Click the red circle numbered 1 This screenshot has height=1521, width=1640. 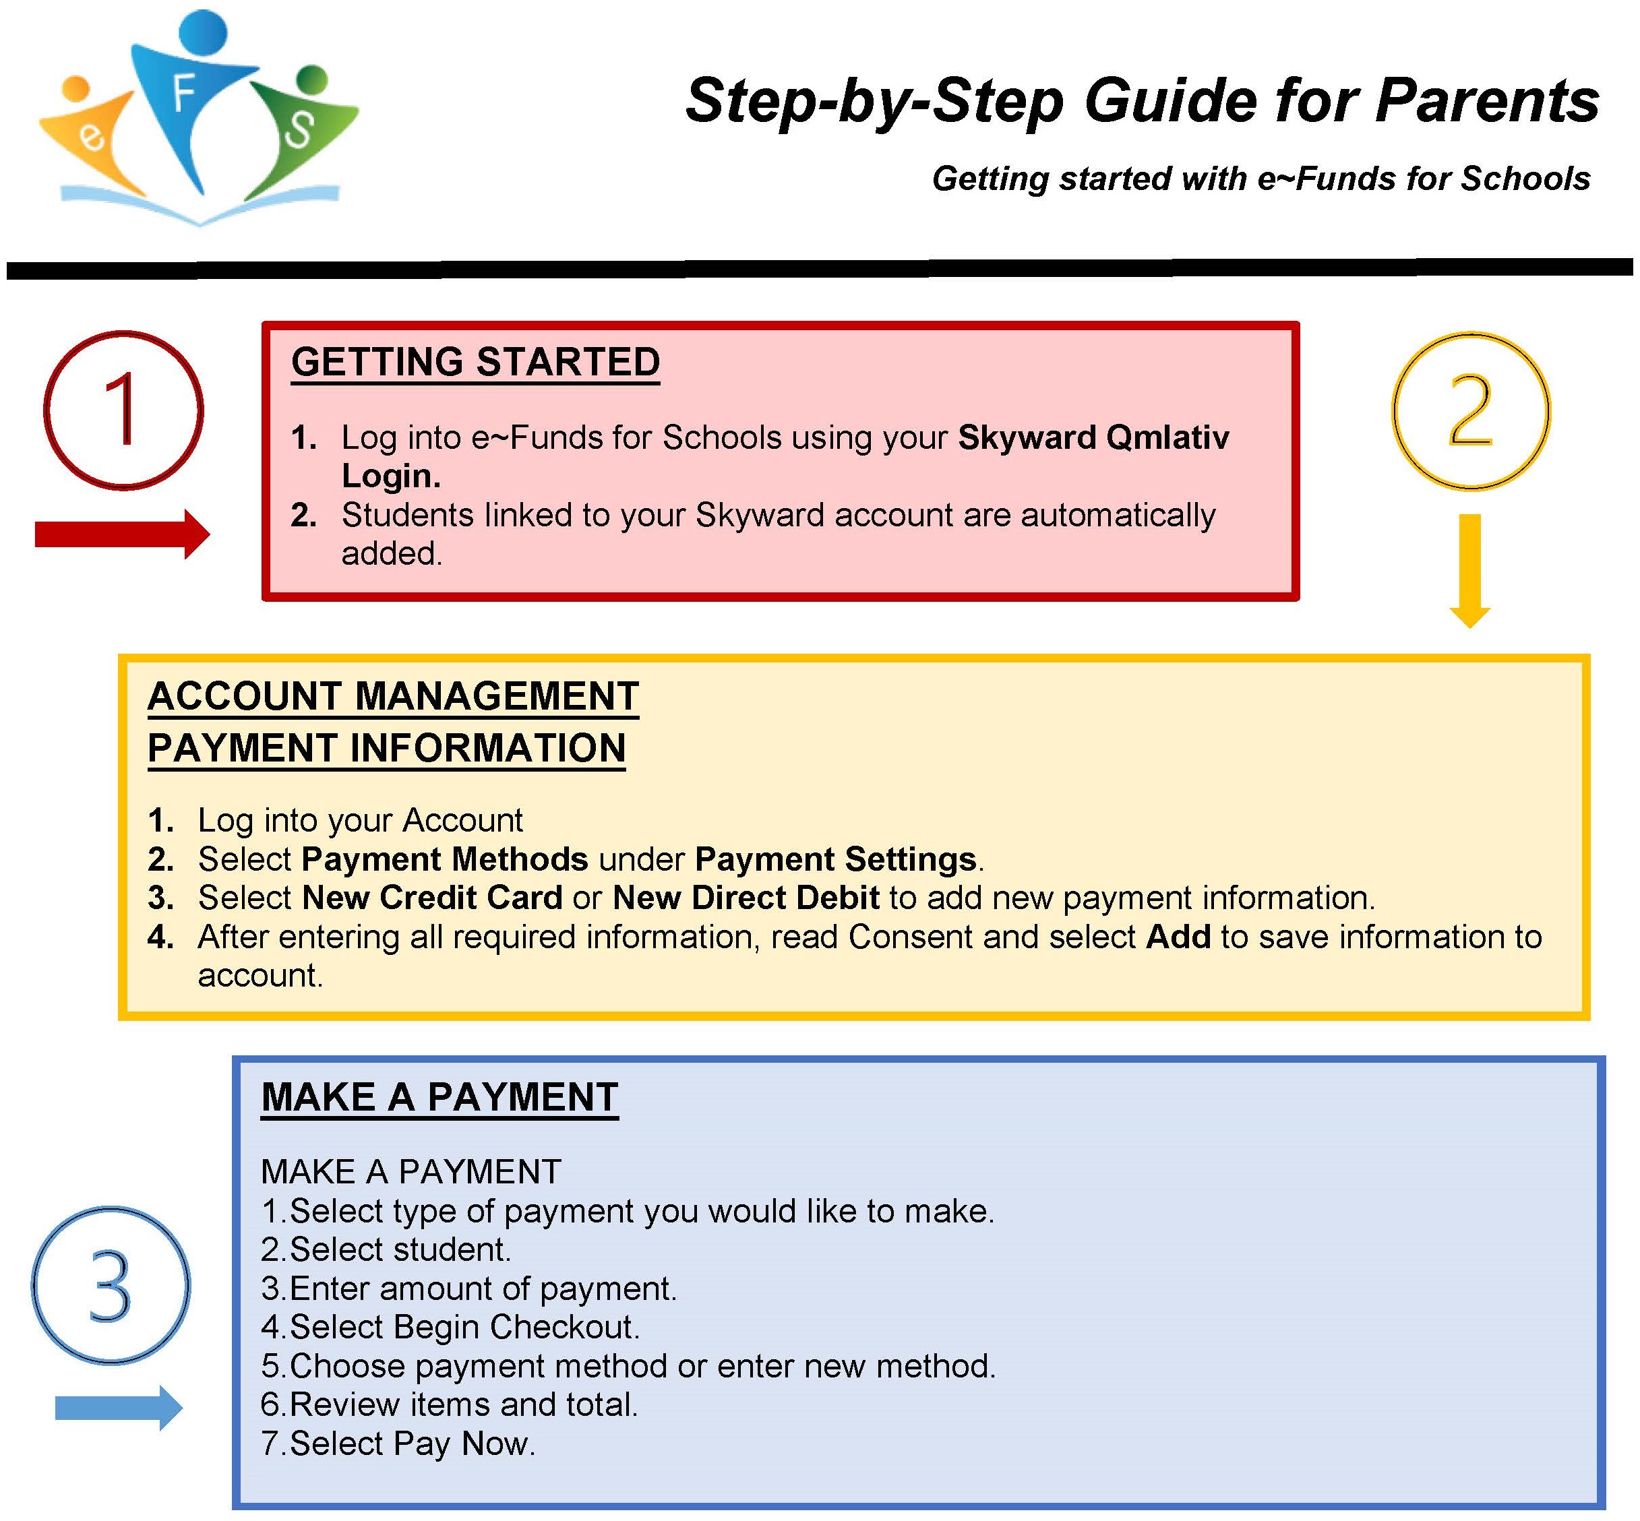123,410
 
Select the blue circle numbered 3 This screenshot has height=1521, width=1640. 111,1284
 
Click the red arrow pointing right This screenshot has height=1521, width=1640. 122,535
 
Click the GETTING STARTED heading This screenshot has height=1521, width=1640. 475,362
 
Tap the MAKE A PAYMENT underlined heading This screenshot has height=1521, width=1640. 439,1097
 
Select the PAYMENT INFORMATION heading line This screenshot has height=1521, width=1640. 386,748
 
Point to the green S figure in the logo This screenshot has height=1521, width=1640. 298,127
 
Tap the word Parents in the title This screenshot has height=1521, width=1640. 1487,100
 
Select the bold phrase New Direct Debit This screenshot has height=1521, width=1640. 746,897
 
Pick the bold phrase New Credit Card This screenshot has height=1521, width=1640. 432,897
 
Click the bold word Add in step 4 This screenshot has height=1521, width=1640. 1178,937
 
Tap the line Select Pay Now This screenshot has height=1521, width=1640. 398,1444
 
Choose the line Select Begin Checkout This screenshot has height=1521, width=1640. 450,1327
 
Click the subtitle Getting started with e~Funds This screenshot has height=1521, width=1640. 1261,179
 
